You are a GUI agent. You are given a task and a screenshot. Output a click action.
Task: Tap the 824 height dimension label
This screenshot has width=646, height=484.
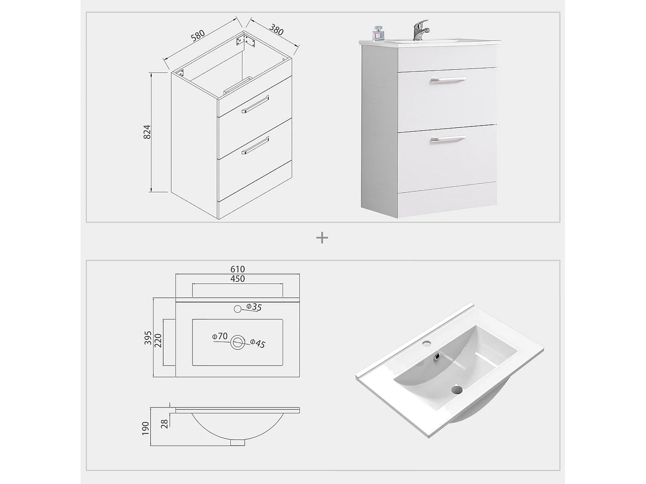coord(147,132)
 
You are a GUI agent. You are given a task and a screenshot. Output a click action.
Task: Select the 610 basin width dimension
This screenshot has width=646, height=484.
coord(237,269)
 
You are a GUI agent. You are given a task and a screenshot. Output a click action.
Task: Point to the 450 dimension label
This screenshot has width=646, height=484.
coord(237,279)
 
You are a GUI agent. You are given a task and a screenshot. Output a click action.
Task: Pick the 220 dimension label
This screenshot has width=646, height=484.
coord(158,342)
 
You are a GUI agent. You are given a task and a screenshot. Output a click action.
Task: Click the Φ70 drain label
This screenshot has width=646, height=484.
coord(220,336)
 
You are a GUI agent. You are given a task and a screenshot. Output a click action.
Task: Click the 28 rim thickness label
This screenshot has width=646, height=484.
coord(164,424)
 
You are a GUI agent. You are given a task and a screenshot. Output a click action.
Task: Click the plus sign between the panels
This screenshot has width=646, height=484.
coord(322,237)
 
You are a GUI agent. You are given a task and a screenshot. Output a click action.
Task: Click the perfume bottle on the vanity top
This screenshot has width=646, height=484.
coord(378,34)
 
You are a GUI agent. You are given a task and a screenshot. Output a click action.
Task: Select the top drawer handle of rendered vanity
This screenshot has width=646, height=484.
coord(447,80)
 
